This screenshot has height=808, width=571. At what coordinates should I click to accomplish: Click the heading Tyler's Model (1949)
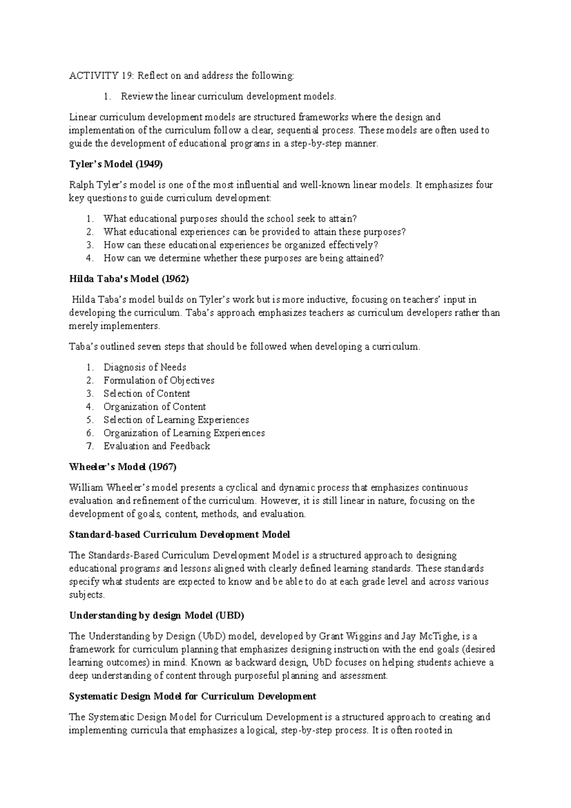tap(116, 164)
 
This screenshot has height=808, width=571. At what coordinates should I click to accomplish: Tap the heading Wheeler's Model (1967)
tap(123, 467)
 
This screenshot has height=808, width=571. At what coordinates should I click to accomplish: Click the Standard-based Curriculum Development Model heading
tap(179, 535)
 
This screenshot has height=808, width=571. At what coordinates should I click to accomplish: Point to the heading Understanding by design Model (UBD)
tap(157, 616)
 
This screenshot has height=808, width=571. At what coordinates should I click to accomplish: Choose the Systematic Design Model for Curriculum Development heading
tap(193, 697)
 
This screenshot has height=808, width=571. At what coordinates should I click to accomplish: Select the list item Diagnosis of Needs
tap(145, 367)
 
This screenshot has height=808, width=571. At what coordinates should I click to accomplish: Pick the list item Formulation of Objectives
tap(159, 381)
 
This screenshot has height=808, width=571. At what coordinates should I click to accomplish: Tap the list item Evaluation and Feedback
tap(157, 446)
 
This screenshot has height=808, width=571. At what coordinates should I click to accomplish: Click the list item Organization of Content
tap(155, 407)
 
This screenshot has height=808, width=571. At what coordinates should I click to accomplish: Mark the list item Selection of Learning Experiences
tap(176, 420)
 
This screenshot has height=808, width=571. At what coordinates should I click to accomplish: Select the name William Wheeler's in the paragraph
tap(109, 488)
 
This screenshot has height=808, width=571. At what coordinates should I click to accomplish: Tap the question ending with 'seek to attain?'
tap(230, 219)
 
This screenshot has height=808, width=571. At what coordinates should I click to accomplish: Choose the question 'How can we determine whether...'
tap(243, 259)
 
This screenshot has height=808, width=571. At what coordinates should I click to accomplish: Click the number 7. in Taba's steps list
tap(90, 446)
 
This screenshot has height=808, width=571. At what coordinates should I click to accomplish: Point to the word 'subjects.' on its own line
tap(87, 595)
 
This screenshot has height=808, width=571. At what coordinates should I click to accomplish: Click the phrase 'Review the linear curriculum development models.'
tap(228, 97)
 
